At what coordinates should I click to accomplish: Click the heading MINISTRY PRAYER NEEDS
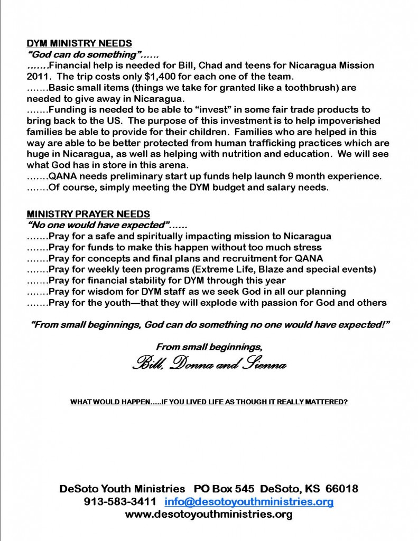point(88,214)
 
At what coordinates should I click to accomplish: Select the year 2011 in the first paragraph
point(37,76)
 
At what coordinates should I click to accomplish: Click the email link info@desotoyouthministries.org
point(249,501)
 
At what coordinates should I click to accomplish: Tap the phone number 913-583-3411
point(120,501)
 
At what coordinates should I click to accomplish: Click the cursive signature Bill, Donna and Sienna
point(210,365)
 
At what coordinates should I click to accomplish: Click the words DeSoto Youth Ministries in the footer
point(122,489)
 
